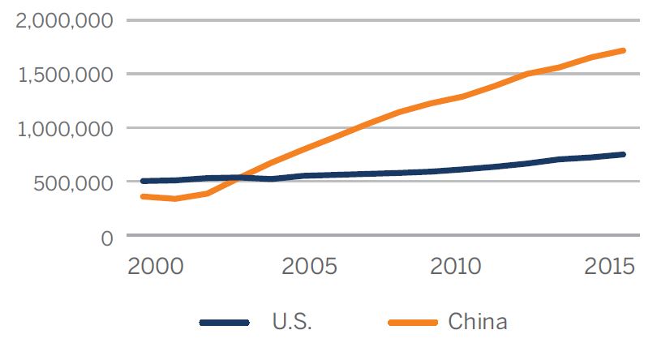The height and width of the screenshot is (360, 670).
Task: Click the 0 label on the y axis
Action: pyautogui.click(x=105, y=237)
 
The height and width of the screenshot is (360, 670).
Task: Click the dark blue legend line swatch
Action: pyautogui.click(x=224, y=322)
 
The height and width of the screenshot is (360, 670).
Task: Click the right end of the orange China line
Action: pyautogui.click(x=622, y=50)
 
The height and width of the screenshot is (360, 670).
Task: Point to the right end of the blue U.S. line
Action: pyautogui.click(x=622, y=154)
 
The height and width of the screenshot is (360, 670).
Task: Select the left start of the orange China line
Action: pyautogui.click(x=144, y=196)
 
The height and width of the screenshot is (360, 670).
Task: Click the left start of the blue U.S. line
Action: pyautogui.click(x=144, y=181)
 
